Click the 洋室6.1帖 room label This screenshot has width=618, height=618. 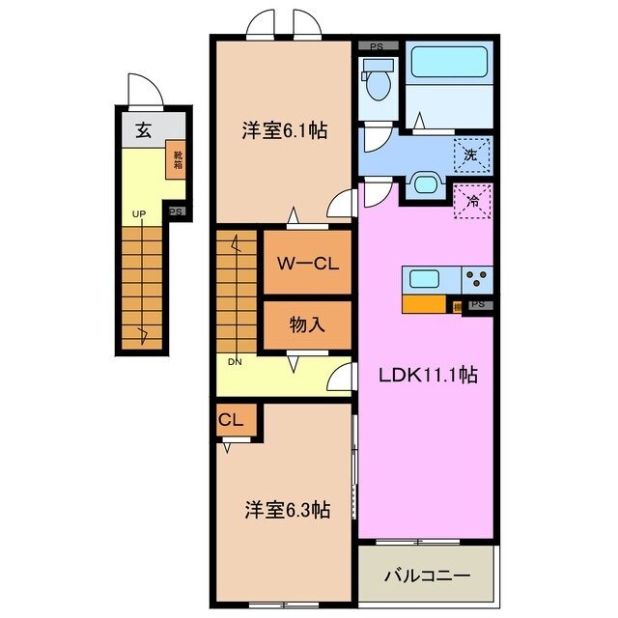284,132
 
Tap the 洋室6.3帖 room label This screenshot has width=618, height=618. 285,509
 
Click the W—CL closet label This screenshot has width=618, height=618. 306,264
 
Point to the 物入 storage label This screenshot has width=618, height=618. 306,325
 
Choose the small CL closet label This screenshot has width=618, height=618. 230,420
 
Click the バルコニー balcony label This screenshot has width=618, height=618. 427,576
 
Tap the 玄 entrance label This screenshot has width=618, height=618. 143,131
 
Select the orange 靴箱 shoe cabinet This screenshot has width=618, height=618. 177,158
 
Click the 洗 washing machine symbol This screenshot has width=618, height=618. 471,153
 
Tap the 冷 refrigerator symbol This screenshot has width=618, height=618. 472,203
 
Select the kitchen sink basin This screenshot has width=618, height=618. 426,280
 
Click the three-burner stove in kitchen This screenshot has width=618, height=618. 477,280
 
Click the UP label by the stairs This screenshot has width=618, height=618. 138,214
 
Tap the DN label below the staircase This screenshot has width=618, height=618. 235,362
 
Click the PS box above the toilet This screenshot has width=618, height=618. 378,44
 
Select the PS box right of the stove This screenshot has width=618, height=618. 478,305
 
